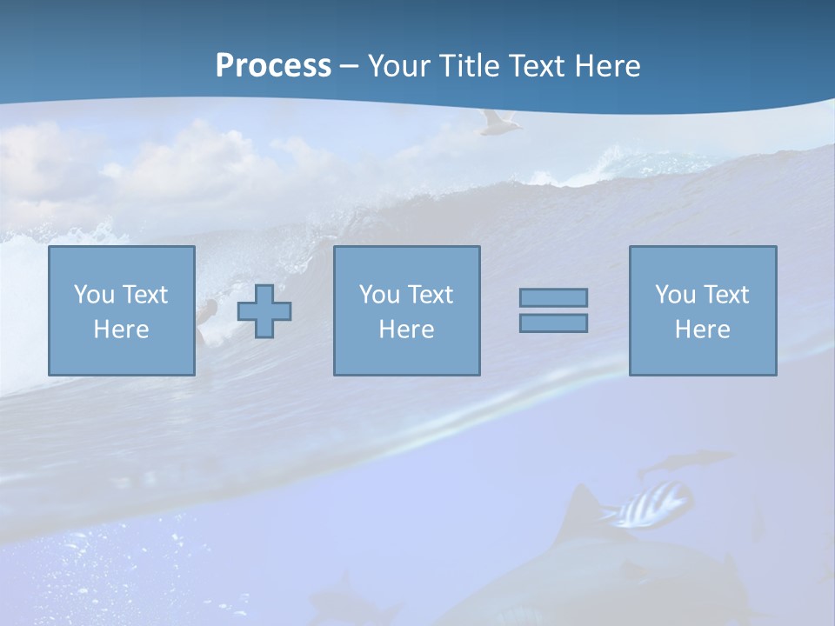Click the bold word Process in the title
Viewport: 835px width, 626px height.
(x=273, y=66)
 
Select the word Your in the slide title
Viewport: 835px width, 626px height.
(x=399, y=66)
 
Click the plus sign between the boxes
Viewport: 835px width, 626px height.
(x=264, y=311)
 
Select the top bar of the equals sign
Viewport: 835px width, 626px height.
(x=553, y=297)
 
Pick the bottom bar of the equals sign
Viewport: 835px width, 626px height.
(x=553, y=323)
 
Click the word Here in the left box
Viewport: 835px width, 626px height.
(x=121, y=330)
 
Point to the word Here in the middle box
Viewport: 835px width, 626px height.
(x=406, y=330)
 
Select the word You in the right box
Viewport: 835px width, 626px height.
(x=675, y=295)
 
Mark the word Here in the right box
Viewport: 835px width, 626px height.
(x=702, y=330)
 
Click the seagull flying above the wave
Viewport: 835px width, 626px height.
(x=498, y=123)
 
